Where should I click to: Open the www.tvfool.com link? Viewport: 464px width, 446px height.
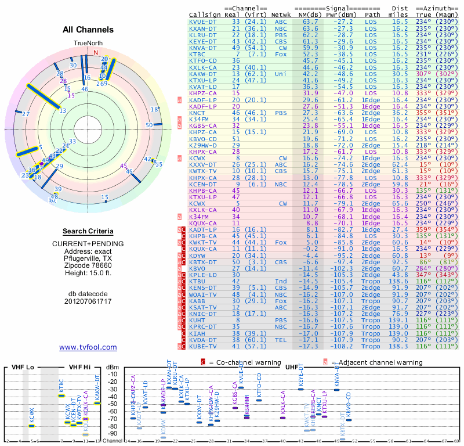point(88,347)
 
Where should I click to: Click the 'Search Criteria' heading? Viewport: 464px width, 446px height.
point(88,231)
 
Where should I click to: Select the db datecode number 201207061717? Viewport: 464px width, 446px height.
point(88,301)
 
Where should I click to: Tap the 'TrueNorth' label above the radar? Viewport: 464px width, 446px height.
point(88,44)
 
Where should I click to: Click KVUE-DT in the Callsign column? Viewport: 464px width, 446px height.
point(203,21)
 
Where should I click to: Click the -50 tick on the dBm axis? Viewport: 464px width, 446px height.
point(112,404)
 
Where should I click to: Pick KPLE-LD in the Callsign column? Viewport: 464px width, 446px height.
point(203,275)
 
